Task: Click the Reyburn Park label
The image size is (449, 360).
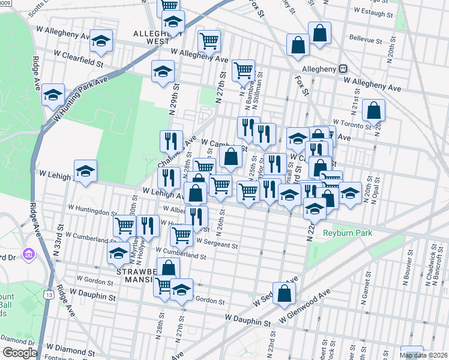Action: tap(347, 233)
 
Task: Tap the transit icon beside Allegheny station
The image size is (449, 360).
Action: tap(344, 69)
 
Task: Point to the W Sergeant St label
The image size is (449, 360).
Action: tap(217, 245)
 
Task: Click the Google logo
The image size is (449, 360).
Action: tap(20, 353)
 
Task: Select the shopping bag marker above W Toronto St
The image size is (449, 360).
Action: tap(373, 110)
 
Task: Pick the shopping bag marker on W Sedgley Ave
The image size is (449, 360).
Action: tap(285, 293)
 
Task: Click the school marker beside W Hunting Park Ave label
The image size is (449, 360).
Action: tap(53, 94)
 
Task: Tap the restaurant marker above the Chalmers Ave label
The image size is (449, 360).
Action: tap(171, 141)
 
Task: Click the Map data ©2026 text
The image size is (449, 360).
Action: tap(424, 355)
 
